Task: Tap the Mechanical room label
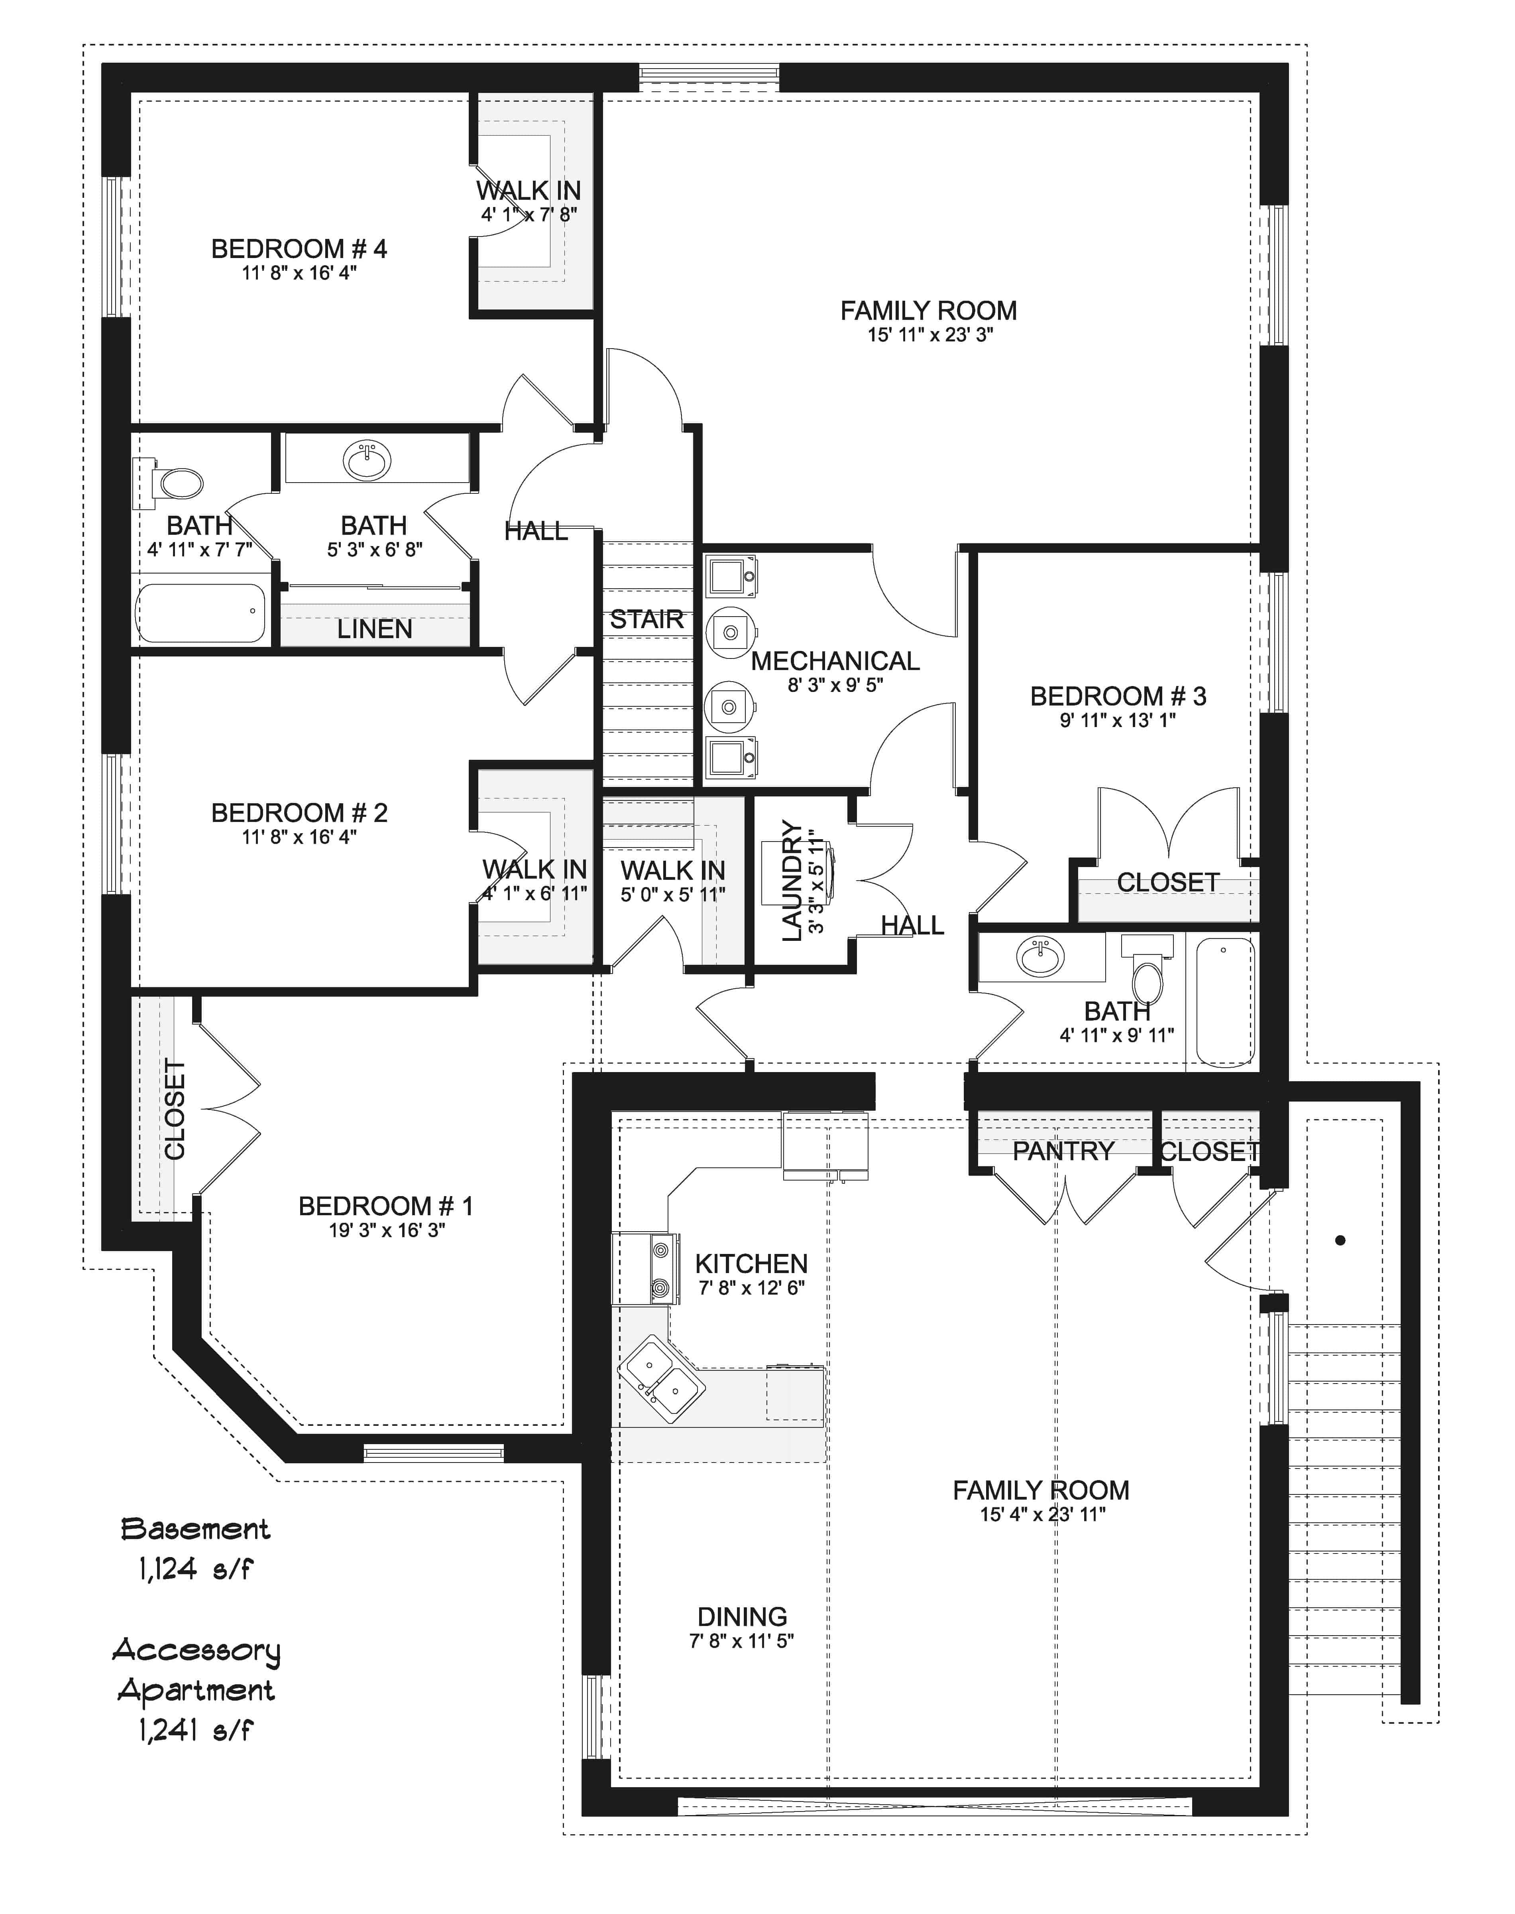point(835,661)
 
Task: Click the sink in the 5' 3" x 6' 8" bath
point(366,461)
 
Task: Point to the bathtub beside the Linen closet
point(201,611)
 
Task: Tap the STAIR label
point(646,619)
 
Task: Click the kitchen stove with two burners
point(646,1268)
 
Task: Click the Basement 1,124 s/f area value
point(195,1569)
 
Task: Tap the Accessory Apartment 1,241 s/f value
point(195,1729)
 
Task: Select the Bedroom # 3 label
point(1118,697)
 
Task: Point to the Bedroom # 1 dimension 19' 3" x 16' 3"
point(387,1230)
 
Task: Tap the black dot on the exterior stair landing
point(1340,1240)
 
